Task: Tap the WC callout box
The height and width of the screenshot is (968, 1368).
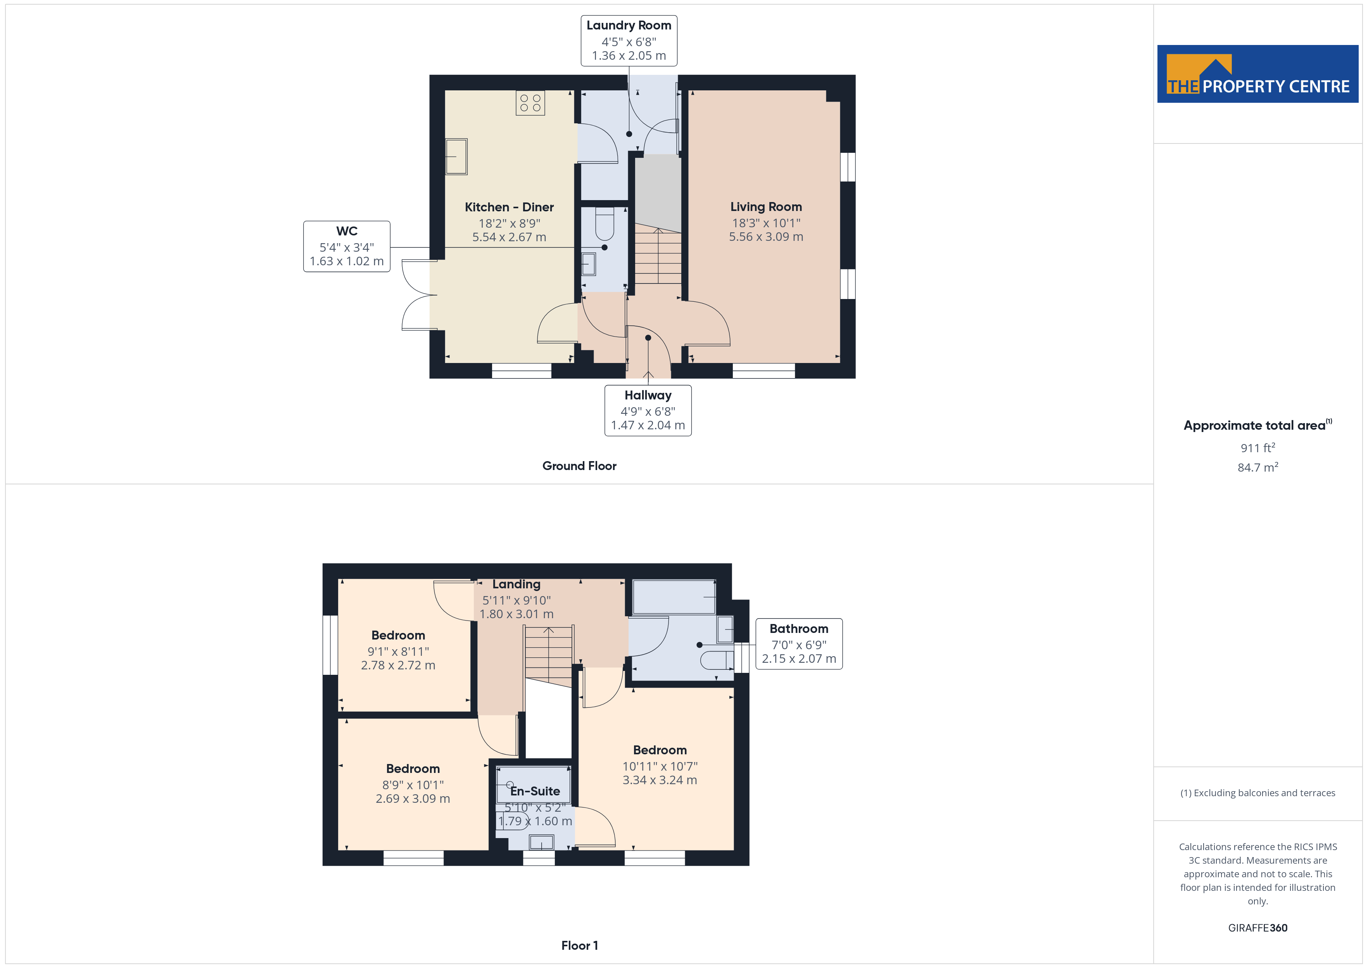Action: point(347,246)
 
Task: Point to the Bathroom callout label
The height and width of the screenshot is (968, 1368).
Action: point(799,644)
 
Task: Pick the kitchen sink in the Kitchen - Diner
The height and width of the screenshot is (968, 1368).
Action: point(456,156)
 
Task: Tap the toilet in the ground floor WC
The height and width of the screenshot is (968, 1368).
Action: point(604,223)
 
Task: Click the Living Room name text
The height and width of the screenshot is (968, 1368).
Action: point(766,207)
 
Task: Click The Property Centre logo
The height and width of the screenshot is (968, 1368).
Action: point(1258,74)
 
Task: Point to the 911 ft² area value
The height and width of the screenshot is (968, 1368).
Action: point(1258,448)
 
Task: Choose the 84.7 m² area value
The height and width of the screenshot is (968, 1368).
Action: point(1258,467)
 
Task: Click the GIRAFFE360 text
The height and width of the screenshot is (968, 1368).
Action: point(1258,928)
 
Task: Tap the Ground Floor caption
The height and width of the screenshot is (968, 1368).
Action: point(579,466)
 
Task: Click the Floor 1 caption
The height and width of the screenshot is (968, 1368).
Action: point(579,946)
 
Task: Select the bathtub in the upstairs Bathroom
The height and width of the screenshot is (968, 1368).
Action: point(674,596)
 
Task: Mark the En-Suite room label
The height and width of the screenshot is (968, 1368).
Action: point(535,791)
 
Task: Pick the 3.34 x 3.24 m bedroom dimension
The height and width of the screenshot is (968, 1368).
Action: point(660,780)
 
